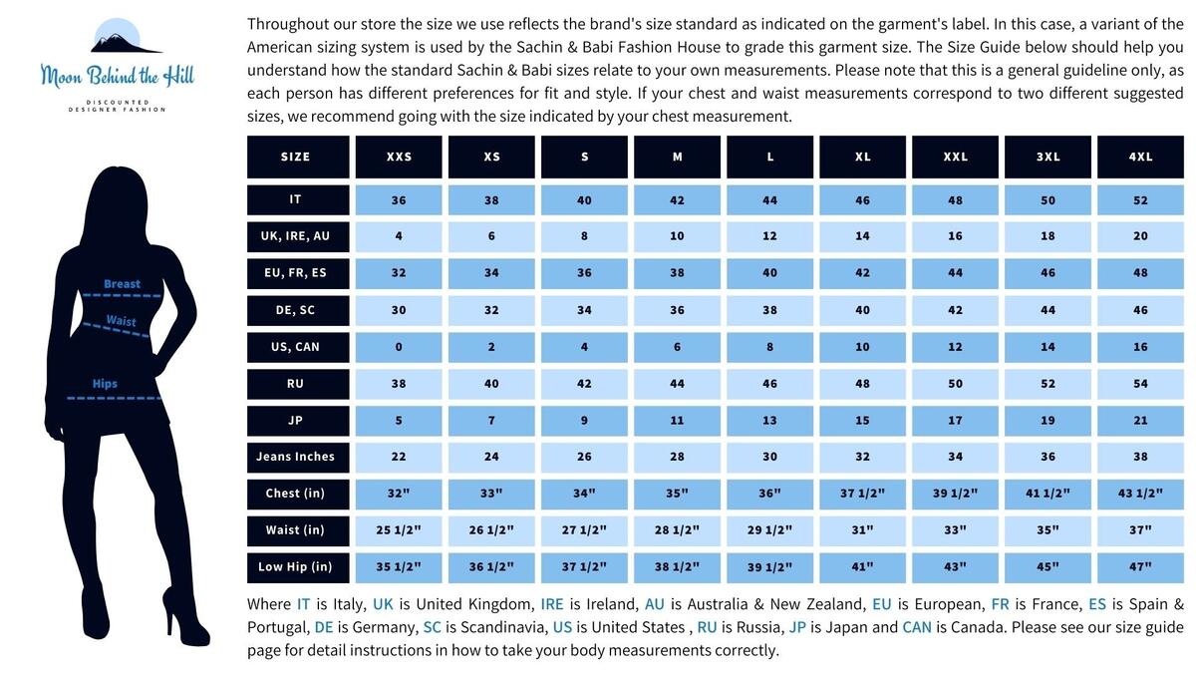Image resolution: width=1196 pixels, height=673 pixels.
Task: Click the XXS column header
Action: [x=399, y=157]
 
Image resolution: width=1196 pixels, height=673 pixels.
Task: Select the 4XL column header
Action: [x=1140, y=157]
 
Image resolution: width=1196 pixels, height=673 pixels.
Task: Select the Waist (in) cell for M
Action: [x=677, y=530]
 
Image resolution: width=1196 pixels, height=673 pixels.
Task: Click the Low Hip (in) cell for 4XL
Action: [x=1140, y=567]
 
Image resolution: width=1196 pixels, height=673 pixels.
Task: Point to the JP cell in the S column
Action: [x=584, y=421]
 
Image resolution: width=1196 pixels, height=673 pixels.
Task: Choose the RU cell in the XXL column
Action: [x=955, y=384]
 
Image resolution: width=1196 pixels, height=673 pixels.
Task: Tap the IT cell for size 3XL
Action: [x=1047, y=200]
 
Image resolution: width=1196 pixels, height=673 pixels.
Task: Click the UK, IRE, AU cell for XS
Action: [x=491, y=236]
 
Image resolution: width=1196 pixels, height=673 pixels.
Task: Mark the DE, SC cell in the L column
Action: [x=769, y=310]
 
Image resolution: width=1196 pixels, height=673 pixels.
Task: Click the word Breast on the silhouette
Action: [x=123, y=283]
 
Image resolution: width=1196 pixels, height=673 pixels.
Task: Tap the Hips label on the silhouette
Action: [x=105, y=384]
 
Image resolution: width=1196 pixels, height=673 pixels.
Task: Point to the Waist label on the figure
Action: [x=122, y=320]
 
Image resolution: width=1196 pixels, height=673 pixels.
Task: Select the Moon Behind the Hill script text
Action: [x=118, y=76]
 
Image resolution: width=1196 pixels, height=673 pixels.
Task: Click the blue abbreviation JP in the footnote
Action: [x=797, y=627]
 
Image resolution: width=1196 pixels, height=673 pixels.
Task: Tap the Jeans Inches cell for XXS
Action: [x=399, y=458]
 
